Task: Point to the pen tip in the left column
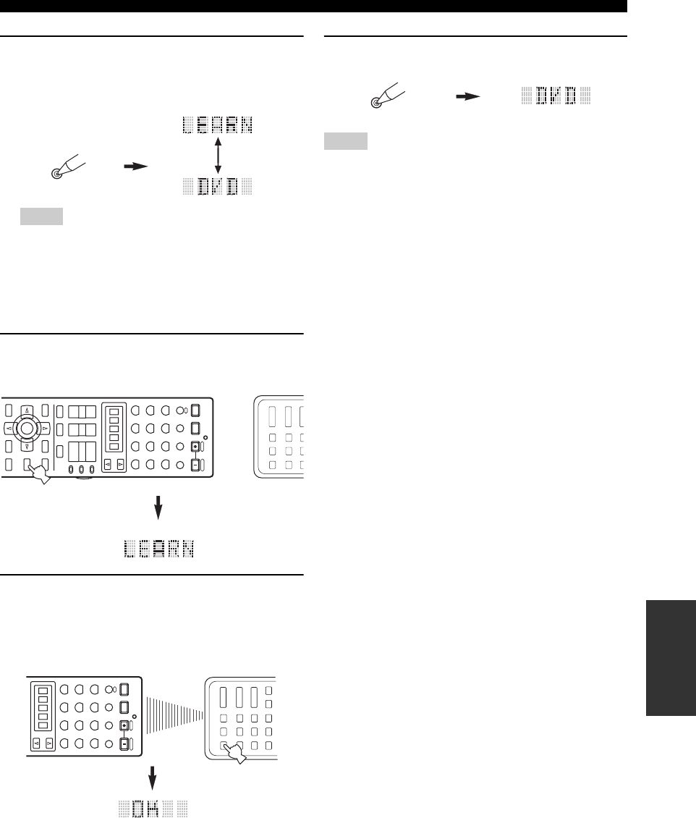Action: (x=56, y=174)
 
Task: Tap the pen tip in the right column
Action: (x=375, y=103)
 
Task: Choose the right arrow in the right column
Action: (x=471, y=95)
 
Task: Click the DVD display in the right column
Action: (x=556, y=95)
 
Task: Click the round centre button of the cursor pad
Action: (x=27, y=429)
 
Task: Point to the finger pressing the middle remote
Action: (x=37, y=474)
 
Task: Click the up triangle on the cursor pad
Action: (x=27, y=410)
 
